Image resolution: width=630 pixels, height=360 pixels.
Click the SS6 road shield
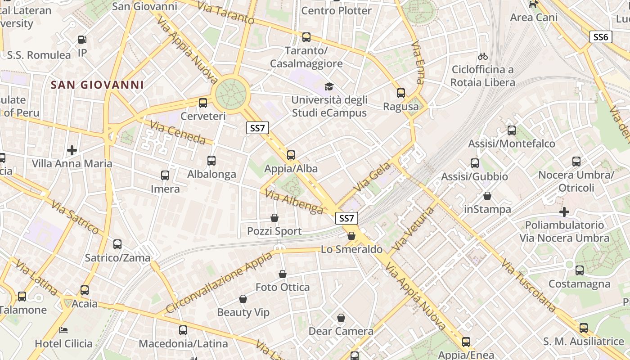(x=601, y=37)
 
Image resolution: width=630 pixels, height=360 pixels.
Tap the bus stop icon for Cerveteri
(x=203, y=103)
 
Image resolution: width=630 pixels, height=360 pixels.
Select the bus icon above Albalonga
(x=211, y=160)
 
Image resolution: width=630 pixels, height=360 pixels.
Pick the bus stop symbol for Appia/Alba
(x=291, y=155)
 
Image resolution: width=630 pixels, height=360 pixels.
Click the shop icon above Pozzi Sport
(x=274, y=218)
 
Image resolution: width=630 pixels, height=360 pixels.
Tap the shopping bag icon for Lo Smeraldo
(x=351, y=236)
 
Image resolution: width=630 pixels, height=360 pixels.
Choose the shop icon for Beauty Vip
(x=243, y=299)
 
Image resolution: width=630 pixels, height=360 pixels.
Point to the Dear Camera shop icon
(x=341, y=318)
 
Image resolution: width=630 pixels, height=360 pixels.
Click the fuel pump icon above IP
(x=82, y=40)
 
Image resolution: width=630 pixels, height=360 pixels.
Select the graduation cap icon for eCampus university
(x=329, y=86)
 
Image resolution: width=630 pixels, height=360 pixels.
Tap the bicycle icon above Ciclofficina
(x=483, y=56)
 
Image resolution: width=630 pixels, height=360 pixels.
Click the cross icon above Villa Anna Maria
(x=72, y=150)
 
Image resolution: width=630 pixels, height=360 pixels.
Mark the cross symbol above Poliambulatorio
(x=564, y=211)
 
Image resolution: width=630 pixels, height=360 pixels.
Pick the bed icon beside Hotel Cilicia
(x=63, y=330)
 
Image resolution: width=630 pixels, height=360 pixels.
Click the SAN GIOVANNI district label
(x=97, y=85)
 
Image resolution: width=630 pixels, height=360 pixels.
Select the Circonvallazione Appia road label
(x=219, y=282)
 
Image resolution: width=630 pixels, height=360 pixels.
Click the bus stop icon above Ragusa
(x=401, y=93)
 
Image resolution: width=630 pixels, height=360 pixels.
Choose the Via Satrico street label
(x=75, y=218)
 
